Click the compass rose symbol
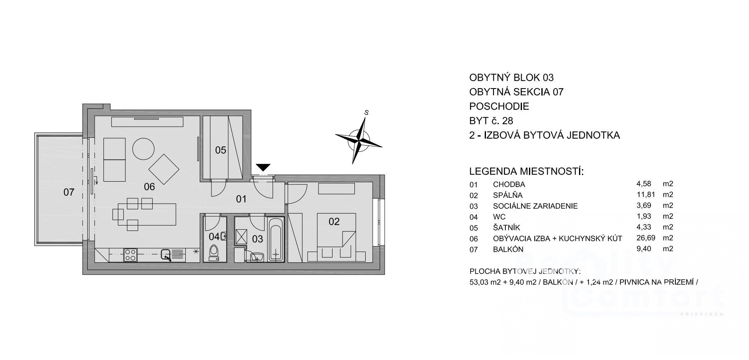(359, 139)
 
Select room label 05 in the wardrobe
(221, 150)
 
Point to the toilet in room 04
(214, 252)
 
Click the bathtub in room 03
(276, 240)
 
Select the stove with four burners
(130, 254)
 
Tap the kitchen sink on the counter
(166, 255)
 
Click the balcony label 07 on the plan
(69, 192)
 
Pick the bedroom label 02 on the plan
(334, 221)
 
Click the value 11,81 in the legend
(646, 195)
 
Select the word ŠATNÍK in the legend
(507, 228)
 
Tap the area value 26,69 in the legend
(646, 238)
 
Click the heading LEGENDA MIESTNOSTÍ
(526, 171)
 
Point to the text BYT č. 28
(491, 121)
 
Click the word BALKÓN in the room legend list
(508, 249)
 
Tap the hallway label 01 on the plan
(241, 199)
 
